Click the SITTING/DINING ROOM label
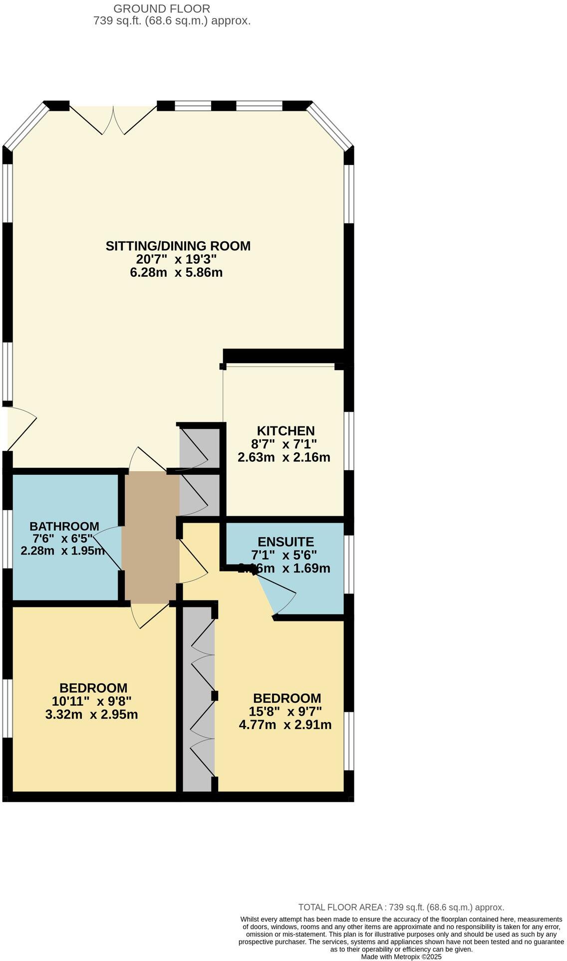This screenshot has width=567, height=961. pyautogui.click(x=178, y=246)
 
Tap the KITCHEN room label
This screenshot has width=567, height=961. pyautogui.click(x=285, y=430)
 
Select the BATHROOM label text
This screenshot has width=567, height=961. pyautogui.click(x=64, y=526)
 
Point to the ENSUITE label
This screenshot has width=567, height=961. pyautogui.click(x=285, y=542)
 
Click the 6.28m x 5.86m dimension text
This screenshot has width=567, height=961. pyautogui.click(x=176, y=273)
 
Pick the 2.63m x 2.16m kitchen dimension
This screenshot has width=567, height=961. pyautogui.click(x=284, y=457)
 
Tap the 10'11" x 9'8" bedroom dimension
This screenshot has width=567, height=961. pyautogui.click(x=92, y=701)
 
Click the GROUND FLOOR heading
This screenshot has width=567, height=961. pyautogui.click(x=162, y=8)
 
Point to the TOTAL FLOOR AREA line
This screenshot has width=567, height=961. pyautogui.click(x=401, y=907)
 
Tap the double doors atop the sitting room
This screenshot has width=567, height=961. pyautogui.click(x=113, y=120)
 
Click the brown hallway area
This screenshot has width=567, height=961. pyautogui.click(x=151, y=536)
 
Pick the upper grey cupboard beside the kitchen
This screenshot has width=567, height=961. pyautogui.click(x=198, y=446)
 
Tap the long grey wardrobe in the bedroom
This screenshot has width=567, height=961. pyautogui.click(x=198, y=698)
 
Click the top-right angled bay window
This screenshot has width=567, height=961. pyautogui.click(x=330, y=126)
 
